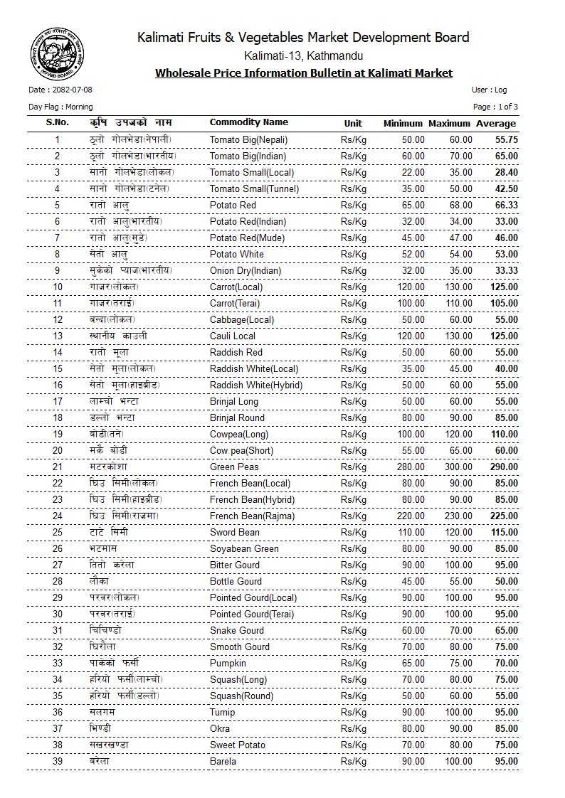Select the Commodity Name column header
[249, 122]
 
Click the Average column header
[496, 123]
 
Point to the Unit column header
[354, 123]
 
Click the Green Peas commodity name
[234, 467]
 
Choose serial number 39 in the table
[58, 762]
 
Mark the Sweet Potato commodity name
[238, 745]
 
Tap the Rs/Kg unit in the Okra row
[354, 729]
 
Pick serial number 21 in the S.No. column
[58, 467]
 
